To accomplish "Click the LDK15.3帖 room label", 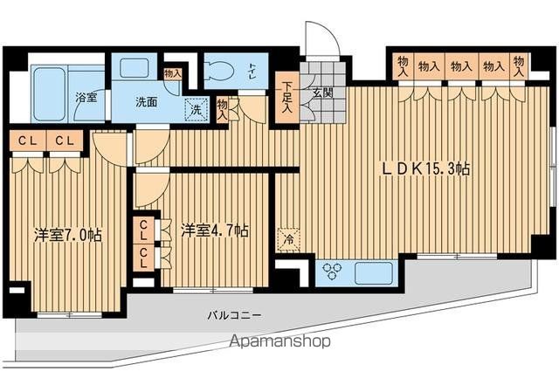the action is [x=425, y=168].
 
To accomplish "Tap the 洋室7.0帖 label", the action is [x=68, y=236].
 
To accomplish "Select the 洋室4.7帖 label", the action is [x=215, y=231].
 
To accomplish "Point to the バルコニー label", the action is [x=235, y=315].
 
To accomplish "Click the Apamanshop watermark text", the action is [x=279, y=341].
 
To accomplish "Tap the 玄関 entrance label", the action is [x=323, y=93].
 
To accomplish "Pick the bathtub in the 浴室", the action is [x=51, y=93].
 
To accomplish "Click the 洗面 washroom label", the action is [x=146, y=102].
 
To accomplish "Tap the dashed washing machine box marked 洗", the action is [x=197, y=109].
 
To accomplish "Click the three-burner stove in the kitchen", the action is [x=332, y=272].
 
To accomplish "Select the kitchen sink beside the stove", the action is [x=374, y=272].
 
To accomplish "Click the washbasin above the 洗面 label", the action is [x=134, y=68].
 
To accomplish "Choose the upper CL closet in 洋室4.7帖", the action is [x=144, y=230].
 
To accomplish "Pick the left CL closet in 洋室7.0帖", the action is [x=28, y=141].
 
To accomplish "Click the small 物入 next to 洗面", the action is [x=173, y=74].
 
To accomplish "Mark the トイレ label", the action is [x=252, y=71].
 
